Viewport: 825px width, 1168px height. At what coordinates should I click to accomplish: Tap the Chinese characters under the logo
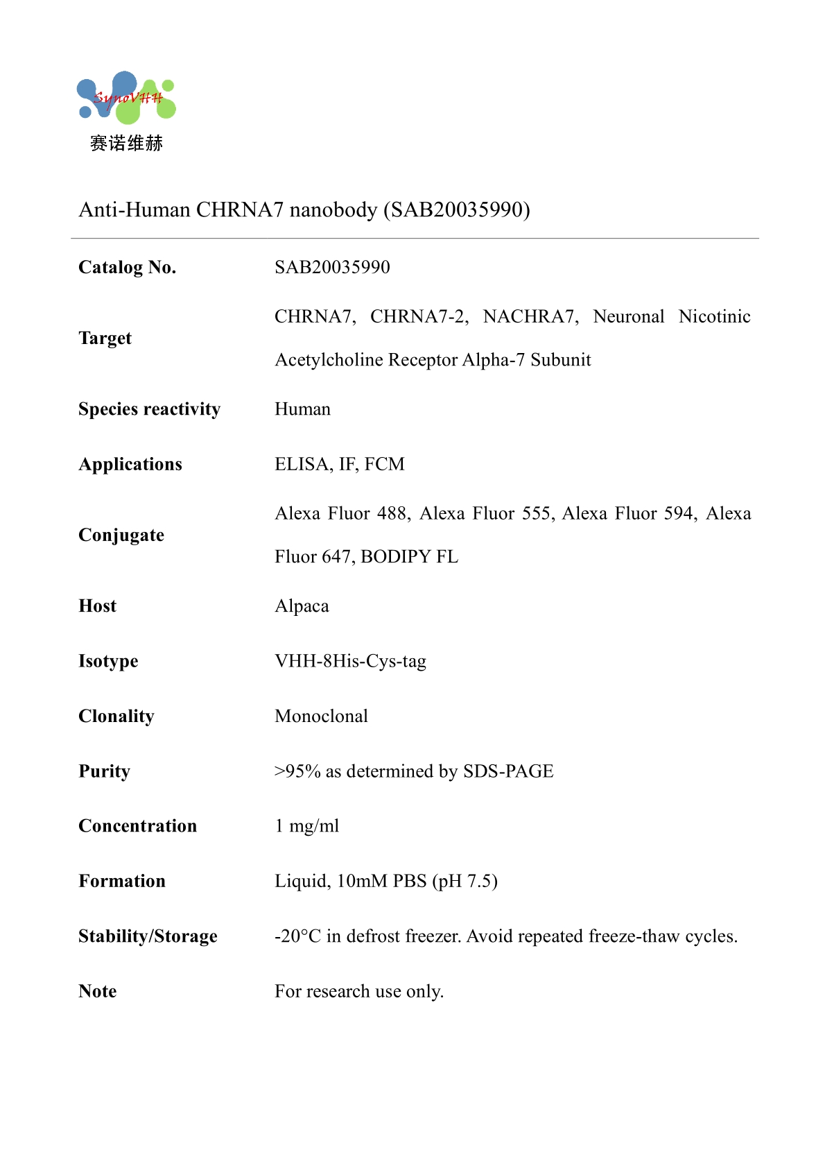[x=126, y=144]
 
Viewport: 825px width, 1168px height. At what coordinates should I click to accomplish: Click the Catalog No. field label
[x=128, y=268]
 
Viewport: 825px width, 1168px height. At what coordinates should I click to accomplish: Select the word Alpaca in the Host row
[x=302, y=606]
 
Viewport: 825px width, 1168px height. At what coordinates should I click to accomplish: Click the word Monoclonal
[x=321, y=716]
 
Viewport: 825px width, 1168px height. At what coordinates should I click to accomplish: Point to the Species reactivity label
[x=149, y=409]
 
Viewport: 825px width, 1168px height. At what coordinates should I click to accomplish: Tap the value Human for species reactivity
[x=302, y=409]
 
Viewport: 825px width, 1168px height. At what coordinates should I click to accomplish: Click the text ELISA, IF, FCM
[x=339, y=464]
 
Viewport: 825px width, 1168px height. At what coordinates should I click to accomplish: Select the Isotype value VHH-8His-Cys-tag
[x=350, y=661]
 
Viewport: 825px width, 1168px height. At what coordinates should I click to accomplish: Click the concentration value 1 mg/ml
[x=306, y=826]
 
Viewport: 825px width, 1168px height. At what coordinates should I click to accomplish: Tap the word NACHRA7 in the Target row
[x=530, y=317]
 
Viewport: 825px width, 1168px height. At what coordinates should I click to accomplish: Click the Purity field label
[x=104, y=771]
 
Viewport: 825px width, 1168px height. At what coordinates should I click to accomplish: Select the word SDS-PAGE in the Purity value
[x=508, y=771]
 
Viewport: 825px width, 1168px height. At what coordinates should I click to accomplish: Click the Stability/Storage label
[x=148, y=936]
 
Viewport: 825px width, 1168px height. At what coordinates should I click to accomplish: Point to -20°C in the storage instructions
[x=297, y=936]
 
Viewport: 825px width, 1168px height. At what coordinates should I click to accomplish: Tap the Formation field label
[x=122, y=882]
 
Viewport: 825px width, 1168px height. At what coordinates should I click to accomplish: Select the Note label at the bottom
[x=98, y=992]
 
